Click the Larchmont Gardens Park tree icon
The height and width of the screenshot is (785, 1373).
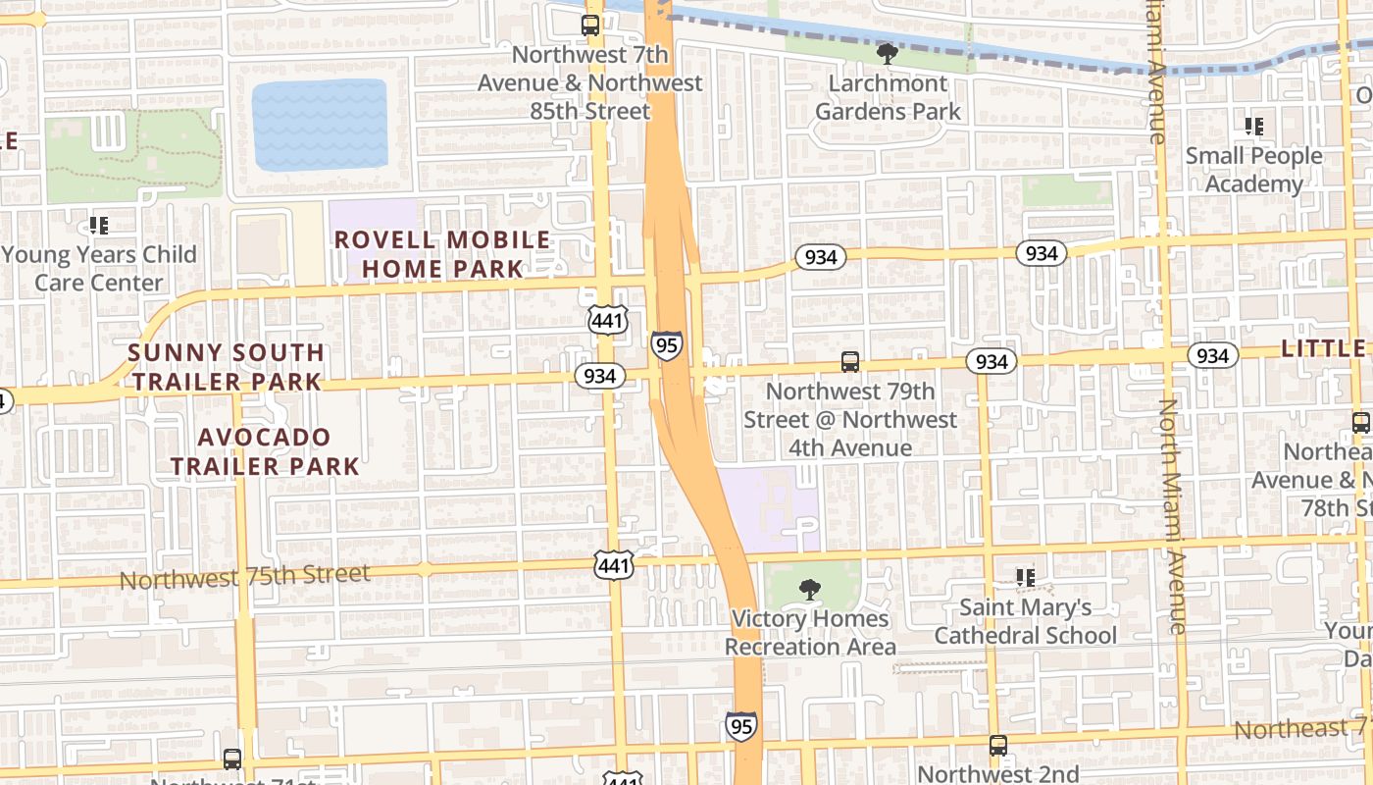pos(887,53)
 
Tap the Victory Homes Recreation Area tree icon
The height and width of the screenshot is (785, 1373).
pos(809,590)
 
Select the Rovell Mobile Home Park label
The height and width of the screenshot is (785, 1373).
pos(442,254)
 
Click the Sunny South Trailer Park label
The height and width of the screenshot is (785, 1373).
pos(227,367)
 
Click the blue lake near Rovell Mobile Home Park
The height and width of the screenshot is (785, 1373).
pos(320,124)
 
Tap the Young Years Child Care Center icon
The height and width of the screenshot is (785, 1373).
pos(98,226)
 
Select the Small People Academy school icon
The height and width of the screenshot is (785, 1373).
pos(1253,127)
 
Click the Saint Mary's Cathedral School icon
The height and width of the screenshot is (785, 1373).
pos(1026,578)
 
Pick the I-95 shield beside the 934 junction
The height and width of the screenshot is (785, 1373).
pos(666,344)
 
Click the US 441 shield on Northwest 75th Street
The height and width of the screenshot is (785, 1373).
pos(614,564)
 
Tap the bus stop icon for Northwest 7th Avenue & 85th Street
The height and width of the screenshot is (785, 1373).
pos(590,26)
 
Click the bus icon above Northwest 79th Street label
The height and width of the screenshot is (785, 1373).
pos(850,362)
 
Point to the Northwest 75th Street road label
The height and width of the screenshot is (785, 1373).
pos(244,577)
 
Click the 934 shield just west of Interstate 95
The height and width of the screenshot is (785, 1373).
pos(599,376)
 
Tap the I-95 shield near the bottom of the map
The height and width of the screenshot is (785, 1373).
pos(741,726)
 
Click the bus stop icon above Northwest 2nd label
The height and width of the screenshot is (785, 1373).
pos(997,746)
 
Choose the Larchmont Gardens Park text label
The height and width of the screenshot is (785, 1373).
pos(889,97)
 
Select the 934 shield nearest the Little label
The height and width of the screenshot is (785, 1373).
pos(1212,355)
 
